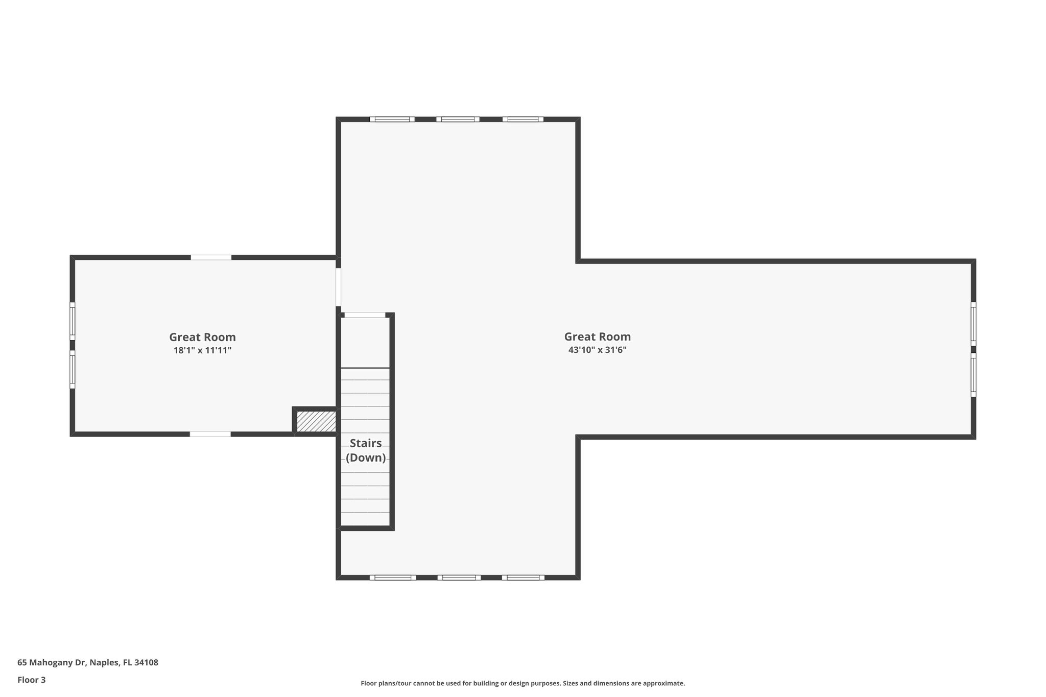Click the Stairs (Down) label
tap(366, 450)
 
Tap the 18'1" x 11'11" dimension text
tap(202, 350)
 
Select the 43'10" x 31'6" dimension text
tap(597, 350)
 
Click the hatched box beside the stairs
tap(316, 421)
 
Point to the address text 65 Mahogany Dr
tap(88, 662)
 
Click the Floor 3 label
tap(32, 680)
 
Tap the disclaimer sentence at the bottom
tap(522, 683)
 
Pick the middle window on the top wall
tap(458, 119)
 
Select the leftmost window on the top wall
tap(392, 119)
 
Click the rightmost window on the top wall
tap(523, 119)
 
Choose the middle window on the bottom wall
tap(459, 578)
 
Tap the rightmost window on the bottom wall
tap(523, 578)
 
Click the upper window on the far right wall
tap(973, 324)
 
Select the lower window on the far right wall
tap(973, 375)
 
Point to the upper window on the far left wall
tap(73, 321)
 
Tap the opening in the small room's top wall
tap(211, 257)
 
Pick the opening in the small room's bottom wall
tap(210, 434)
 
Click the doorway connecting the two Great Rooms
tap(338, 287)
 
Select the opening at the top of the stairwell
tap(365, 315)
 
